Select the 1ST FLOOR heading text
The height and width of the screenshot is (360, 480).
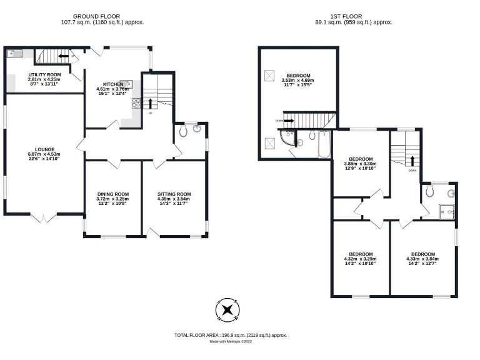click(353, 16)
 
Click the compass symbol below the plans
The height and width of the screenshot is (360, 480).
click(227, 310)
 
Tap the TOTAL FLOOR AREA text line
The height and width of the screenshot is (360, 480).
click(231, 336)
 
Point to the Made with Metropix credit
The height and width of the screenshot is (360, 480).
click(231, 342)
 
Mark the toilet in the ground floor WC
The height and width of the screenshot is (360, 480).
click(182, 132)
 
